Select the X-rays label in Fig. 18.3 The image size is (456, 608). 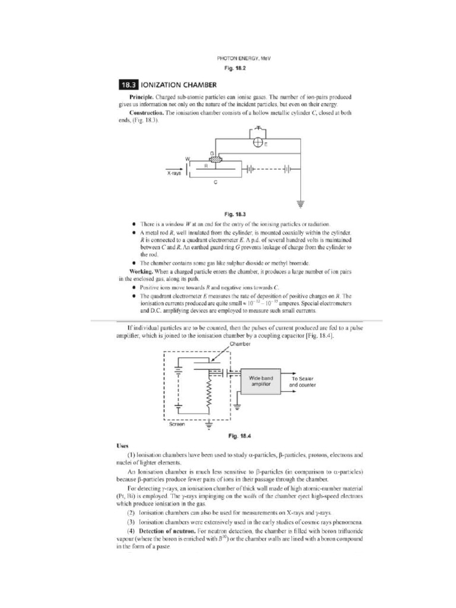[173, 173]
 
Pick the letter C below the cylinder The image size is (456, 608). [216, 182]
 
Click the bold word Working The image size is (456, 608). [142, 271]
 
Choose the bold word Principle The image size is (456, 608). [143, 96]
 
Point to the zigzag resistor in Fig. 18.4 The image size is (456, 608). [208, 394]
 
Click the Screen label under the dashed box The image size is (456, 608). [176, 424]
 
